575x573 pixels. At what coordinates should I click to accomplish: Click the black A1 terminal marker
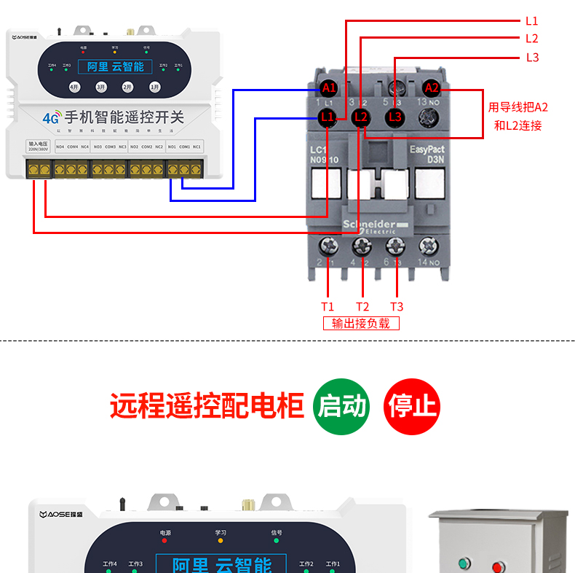tap(329, 88)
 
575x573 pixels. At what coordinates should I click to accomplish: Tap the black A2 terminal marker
tap(432, 88)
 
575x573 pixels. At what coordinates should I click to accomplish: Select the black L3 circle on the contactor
tap(394, 117)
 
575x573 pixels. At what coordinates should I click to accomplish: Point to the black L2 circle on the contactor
tap(361, 117)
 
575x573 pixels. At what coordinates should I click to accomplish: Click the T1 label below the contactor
tap(328, 307)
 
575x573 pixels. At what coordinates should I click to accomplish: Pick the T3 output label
tap(396, 307)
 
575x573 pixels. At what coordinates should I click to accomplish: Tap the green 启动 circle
tap(341, 406)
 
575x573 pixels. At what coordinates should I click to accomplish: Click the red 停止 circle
tap(412, 406)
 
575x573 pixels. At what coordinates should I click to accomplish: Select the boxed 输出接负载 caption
tap(361, 323)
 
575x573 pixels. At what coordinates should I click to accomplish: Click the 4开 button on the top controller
tap(74, 87)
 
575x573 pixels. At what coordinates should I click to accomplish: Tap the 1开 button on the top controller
tap(154, 87)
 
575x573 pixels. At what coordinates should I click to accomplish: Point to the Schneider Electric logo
tap(370, 225)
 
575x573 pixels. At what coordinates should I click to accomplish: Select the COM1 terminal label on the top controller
tap(185, 147)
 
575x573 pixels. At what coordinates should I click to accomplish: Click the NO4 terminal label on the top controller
tap(60, 147)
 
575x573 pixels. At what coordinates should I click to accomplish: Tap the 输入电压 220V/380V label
tap(38, 146)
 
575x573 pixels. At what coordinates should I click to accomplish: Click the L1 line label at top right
tap(531, 21)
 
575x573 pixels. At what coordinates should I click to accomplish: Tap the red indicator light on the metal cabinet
tap(499, 565)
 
